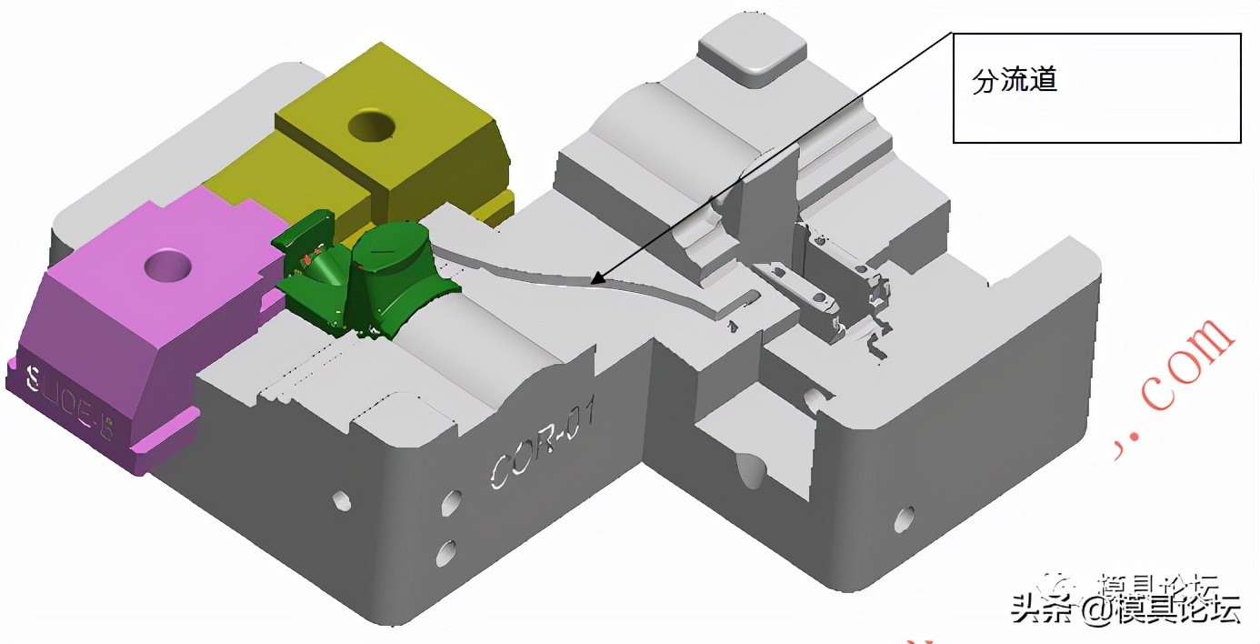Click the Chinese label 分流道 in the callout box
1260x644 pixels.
pos(1015,82)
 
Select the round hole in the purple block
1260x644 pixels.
pos(169,266)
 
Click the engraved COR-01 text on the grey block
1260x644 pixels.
pos(544,444)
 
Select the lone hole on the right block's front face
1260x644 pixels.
pos(904,518)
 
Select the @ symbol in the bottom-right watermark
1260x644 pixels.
pos(1093,610)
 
